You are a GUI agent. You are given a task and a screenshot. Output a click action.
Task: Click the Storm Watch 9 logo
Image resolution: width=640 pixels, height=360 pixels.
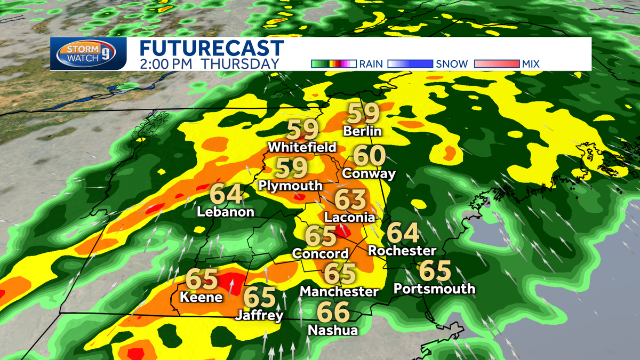pos(89,54)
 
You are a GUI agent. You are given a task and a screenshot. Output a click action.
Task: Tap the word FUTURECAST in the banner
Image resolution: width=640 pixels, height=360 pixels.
pos(212,49)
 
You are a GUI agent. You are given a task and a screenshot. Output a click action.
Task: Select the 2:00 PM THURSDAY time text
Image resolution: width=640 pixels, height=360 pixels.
pos(210,63)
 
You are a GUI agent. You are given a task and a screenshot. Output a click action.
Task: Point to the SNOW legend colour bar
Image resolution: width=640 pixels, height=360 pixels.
pos(410,64)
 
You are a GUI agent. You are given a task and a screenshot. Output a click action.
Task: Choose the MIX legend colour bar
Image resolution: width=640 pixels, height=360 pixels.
pos(496,64)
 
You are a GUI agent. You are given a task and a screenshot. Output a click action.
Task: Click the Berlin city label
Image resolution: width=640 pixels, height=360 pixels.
pos(363,131)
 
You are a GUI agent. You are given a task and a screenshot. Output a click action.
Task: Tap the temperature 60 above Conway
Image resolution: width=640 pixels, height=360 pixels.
pos(369,156)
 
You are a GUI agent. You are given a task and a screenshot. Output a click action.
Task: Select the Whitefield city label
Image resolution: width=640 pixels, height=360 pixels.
pos(302,147)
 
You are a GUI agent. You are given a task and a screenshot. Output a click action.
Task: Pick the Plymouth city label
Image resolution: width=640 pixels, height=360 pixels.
pos(290,186)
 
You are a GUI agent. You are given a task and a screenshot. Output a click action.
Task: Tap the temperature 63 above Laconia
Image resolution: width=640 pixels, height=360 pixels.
pos(350,199)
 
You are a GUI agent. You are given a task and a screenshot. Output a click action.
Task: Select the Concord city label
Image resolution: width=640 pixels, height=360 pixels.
pos(321,254)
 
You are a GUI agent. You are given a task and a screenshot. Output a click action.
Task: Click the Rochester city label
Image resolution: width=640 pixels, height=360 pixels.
pos(402,251)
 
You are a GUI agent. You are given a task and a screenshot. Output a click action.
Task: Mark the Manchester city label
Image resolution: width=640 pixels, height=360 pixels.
pos(339,292)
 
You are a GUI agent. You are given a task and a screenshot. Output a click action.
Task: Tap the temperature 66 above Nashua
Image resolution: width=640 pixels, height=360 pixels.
pos(333,312)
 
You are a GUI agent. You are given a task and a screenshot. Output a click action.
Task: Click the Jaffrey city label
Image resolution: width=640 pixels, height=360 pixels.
pos(259,316)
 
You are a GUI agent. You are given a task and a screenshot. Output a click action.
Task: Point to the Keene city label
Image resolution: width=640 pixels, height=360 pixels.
pos(202,297)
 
